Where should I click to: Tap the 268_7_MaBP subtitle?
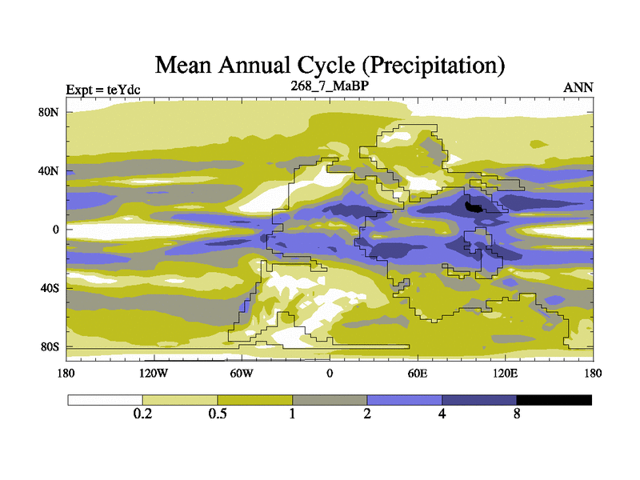(x=329, y=86)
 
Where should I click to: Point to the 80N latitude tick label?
(x=50, y=112)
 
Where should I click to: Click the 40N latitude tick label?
(x=50, y=171)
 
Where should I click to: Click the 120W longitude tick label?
(x=154, y=373)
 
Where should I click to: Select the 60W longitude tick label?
(x=242, y=373)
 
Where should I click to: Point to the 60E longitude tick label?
(x=417, y=373)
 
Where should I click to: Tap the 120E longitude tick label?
(x=505, y=373)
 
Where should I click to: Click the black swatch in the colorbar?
(x=554, y=400)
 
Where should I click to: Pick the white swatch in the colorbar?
(x=105, y=400)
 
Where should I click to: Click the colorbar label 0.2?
(x=142, y=414)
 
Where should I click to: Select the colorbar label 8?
(x=517, y=414)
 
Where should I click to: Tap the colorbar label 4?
(x=442, y=414)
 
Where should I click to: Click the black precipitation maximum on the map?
(x=475, y=206)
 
